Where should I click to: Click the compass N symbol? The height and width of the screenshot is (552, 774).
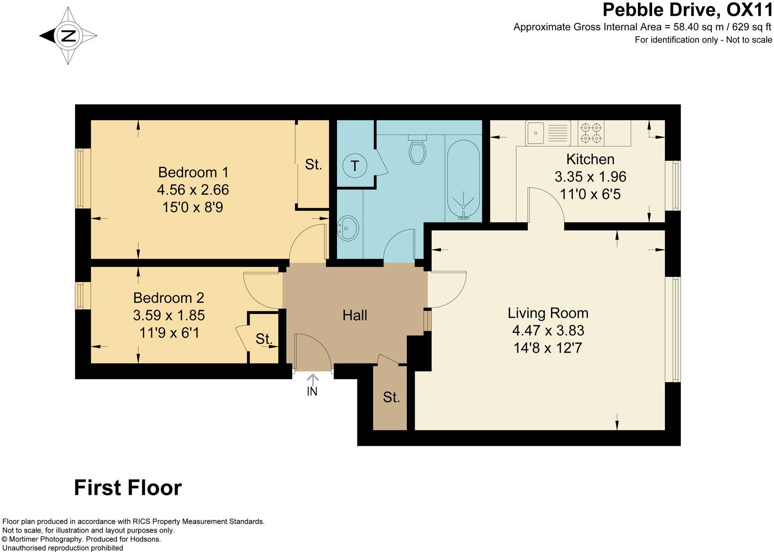[x=68, y=36]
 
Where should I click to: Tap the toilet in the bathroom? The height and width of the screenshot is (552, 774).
[x=417, y=149]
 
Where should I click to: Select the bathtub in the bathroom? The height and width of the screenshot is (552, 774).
[x=464, y=179]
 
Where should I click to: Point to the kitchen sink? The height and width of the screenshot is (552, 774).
[x=548, y=133]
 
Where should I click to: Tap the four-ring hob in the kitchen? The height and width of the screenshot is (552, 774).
[x=591, y=133]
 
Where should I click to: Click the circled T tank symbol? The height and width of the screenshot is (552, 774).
[x=354, y=165]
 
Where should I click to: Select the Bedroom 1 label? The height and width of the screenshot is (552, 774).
[x=193, y=172]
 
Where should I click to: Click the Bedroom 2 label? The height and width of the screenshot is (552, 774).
[x=169, y=298]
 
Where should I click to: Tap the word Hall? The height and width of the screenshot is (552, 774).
[x=355, y=315]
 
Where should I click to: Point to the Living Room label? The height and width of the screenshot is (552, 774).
[x=548, y=313]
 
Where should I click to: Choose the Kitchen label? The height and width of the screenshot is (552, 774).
[x=590, y=159]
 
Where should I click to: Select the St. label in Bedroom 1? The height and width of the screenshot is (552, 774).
[x=313, y=164]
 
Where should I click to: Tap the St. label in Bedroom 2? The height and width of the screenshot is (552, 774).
[x=264, y=339]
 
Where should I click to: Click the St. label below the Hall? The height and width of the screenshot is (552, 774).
[x=391, y=397]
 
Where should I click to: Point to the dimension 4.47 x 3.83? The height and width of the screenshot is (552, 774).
[x=548, y=330]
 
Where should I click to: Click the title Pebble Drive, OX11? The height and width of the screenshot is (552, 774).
[x=688, y=10]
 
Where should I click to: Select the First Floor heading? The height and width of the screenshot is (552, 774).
[x=128, y=488]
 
